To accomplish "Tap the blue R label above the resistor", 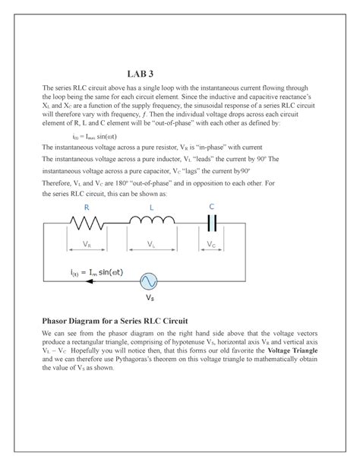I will (87, 207).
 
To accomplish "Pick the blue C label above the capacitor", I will (211, 206).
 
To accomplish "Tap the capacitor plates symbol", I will (212, 222).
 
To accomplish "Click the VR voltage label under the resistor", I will (87, 245).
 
